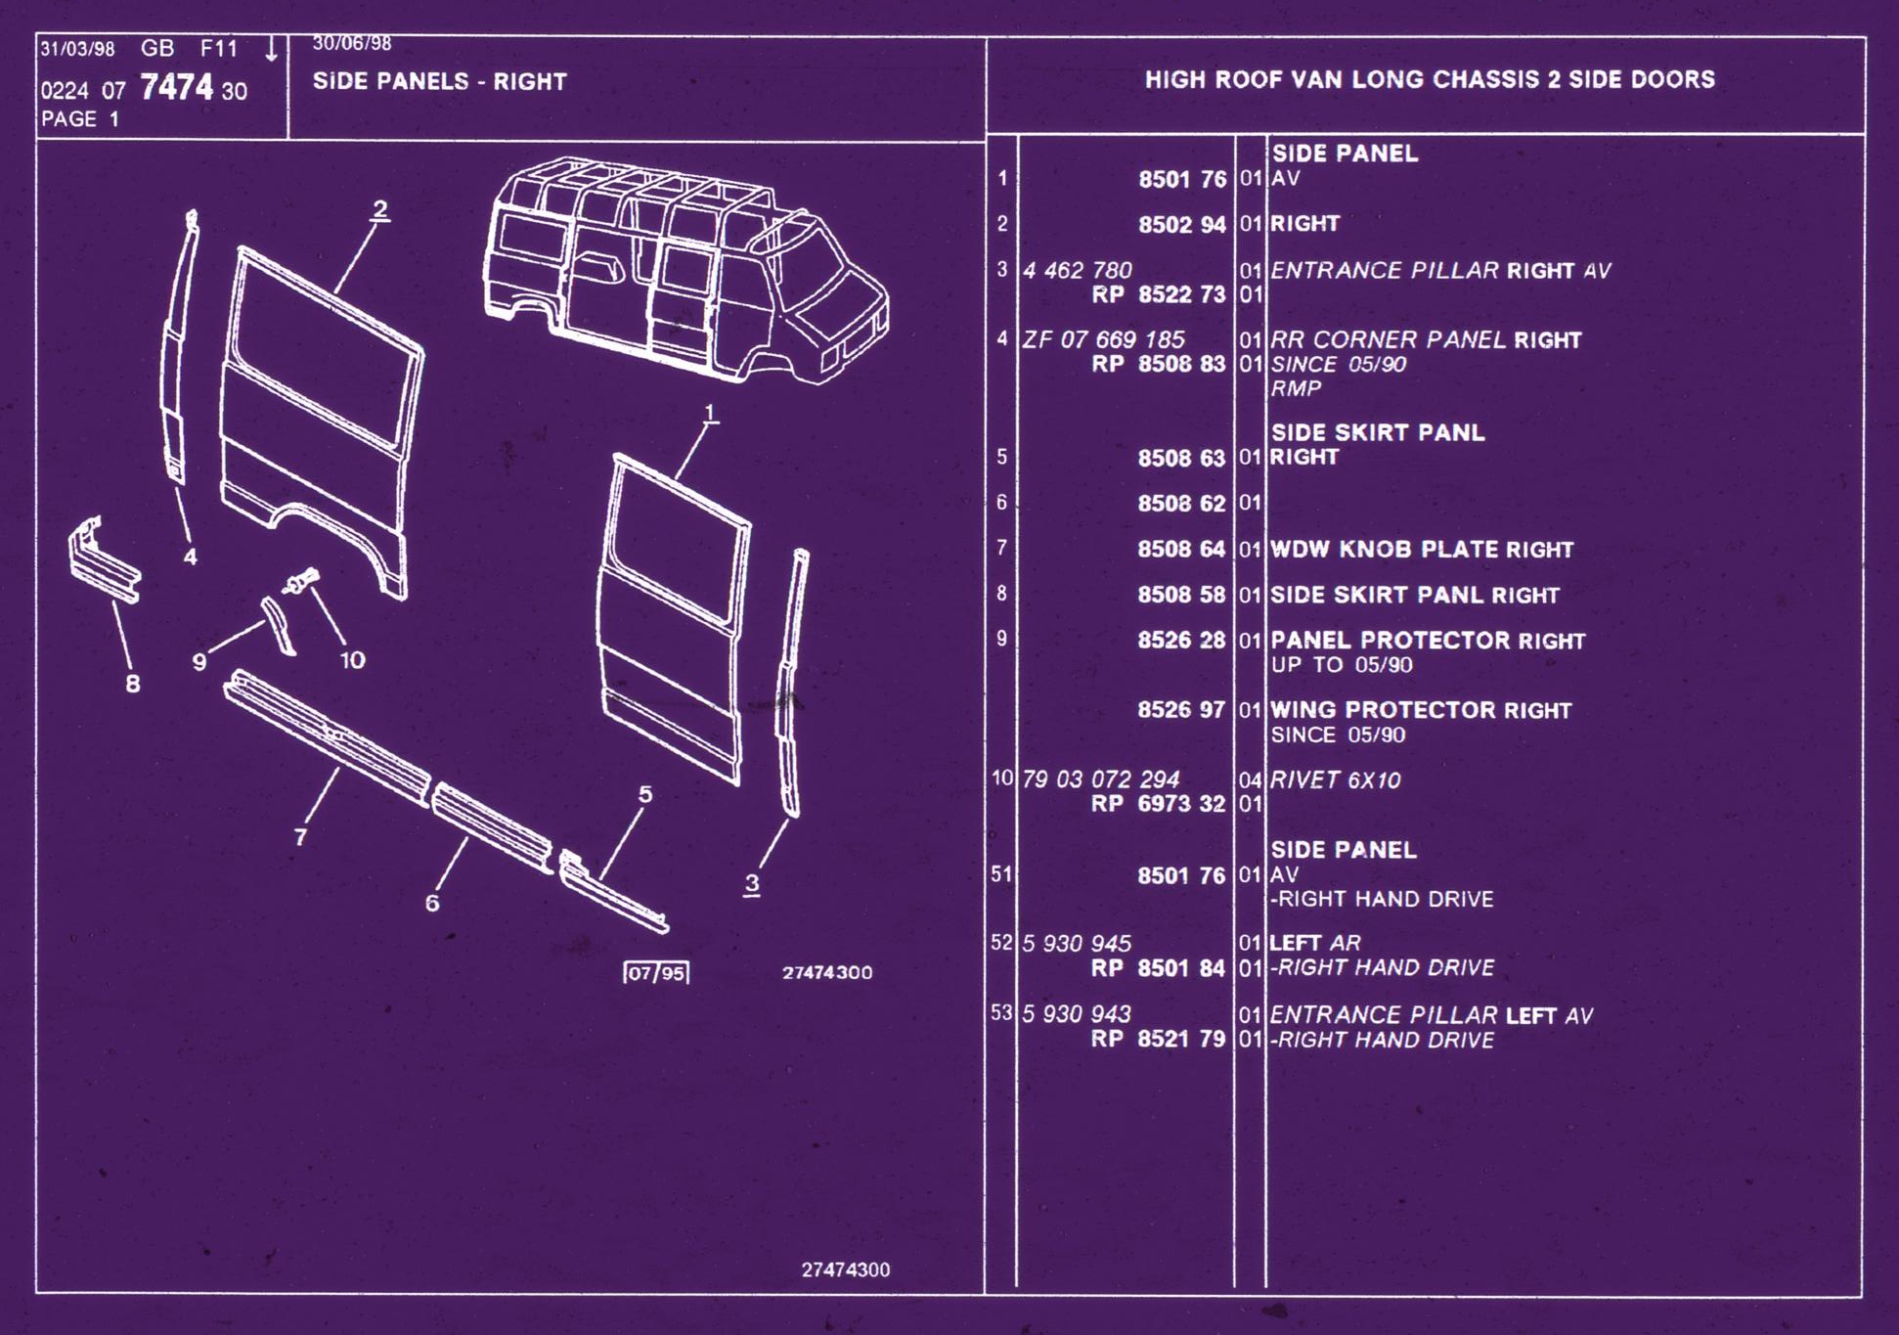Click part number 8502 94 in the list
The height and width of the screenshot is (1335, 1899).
1181,225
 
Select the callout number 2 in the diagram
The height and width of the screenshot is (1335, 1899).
379,209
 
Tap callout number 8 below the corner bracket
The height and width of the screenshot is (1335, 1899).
133,684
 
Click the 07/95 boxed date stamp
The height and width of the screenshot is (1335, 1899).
656,973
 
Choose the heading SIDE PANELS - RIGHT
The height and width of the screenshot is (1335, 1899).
440,81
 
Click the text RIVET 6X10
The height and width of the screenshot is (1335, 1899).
1335,780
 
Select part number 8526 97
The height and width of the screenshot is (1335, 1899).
1181,710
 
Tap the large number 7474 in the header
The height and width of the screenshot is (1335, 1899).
176,87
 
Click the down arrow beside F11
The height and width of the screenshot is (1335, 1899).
271,49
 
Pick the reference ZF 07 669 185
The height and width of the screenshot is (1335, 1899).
1103,340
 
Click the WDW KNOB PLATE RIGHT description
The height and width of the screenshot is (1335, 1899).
1422,550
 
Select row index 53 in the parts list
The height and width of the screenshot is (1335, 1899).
1001,1013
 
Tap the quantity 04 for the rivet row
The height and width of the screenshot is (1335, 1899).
1250,780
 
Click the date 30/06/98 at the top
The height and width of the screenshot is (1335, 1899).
352,44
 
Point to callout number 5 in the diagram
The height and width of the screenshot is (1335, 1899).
645,794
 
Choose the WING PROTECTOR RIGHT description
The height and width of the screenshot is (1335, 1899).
1421,710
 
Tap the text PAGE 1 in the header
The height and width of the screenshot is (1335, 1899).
80,119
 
